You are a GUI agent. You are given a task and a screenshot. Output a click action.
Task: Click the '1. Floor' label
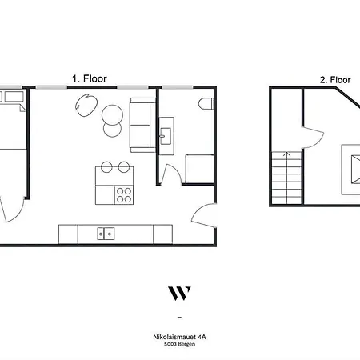pyautogui.click(x=90, y=79)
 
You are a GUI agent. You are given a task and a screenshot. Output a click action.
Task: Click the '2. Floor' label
pyautogui.click(x=335, y=79)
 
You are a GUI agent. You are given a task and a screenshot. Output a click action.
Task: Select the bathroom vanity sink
pyautogui.click(x=167, y=134)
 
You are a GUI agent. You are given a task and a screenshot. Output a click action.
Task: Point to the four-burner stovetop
pyautogui.click(x=124, y=194)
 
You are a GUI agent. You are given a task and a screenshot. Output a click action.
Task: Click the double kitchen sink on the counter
pyautogui.click(x=106, y=234)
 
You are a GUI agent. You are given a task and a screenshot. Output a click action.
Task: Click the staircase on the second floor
pyautogui.click(x=286, y=178)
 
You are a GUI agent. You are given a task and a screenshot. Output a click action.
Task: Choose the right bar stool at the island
pyautogui.click(x=124, y=167)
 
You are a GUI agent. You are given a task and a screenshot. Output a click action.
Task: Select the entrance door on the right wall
pyautogui.click(x=205, y=215)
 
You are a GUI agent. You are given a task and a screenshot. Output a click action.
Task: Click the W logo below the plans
pyautogui.click(x=179, y=292)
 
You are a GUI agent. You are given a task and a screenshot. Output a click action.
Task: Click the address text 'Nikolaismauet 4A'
pyautogui.click(x=179, y=338)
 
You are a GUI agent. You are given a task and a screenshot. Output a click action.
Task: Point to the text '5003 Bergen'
pyautogui.click(x=179, y=345)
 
